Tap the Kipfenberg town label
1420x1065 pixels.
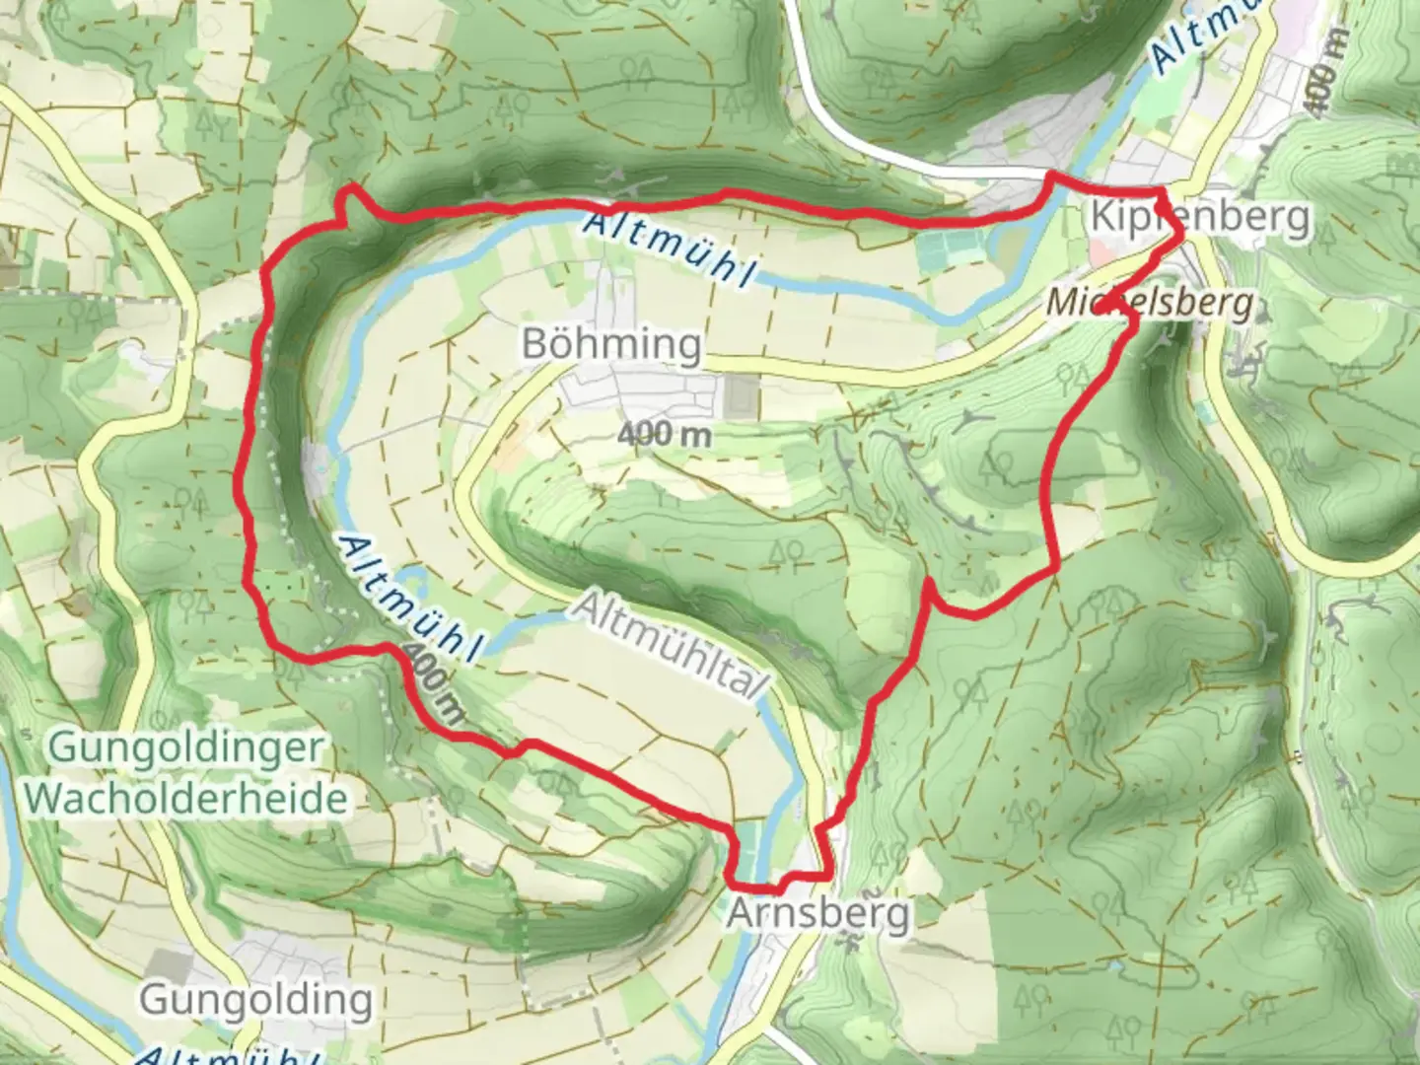pyautogui.click(x=1200, y=216)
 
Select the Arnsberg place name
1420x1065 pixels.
pyautogui.click(x=817, y=914)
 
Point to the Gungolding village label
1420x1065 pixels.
pyautogui.click(x=256, y=1000)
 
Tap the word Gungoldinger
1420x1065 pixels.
pyautogui.click(x=184, y=747)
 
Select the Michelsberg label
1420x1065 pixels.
pyautogui.click(x=1150, y=303)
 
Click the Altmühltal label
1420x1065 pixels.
pyautogui.click(x=672, y=647)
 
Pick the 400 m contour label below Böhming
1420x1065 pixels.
pyautogui.click(x=667, y=434)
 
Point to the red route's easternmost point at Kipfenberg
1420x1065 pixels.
pyautogui.click(x=1181, y=232)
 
